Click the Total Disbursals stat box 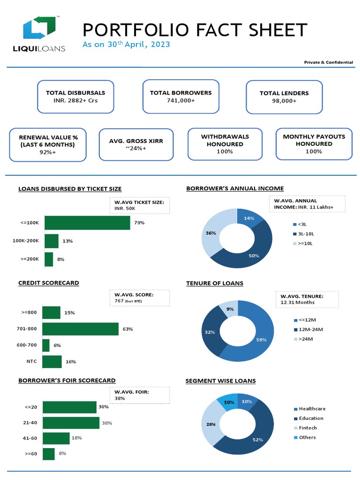point(75,97)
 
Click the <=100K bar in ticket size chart point(87,223)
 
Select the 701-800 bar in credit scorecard point(80,329)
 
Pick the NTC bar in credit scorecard point(52,362)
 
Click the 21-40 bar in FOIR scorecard point(71,423)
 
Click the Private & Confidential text point(328,62)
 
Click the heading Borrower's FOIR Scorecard point(67,380)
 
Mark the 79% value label point(139,223)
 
